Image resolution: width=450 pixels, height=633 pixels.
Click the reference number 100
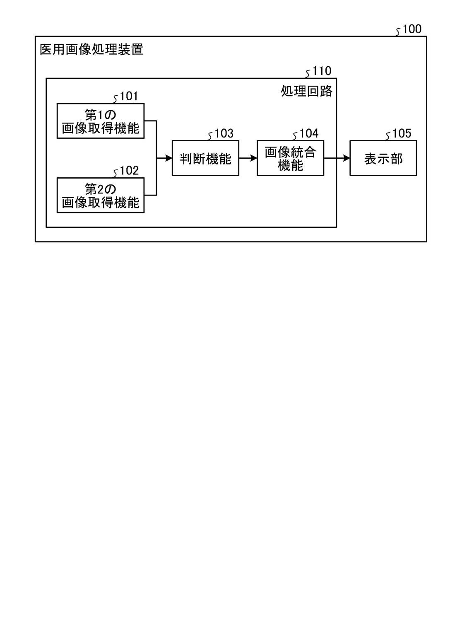(x=411, y=29)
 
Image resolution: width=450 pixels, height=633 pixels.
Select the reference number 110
(x=322, y=71)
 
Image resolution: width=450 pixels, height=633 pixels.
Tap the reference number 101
(x=129, y=97)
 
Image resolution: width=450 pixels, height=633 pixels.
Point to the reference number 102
(x=129, y=171)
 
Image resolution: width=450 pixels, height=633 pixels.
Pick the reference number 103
(x=224, y=133)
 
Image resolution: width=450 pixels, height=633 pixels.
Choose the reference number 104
(x=309, y=133)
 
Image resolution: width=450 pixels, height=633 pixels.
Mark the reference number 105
(x=402, y=133)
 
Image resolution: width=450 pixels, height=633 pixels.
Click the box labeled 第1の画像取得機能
(x=101, y=121)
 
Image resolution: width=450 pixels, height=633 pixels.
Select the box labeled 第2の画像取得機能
(x=101, y=195)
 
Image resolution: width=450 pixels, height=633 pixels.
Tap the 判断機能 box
(x=205, y=158)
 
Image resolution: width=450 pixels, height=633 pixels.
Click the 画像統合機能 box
(x=290, y=158)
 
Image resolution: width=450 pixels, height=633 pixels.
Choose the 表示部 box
(x=383, y=158)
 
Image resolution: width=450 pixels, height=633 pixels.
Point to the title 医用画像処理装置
(x=91, y=50)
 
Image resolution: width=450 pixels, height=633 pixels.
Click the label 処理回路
(x=306, y=91)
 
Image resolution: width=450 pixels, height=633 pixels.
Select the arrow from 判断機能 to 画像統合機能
(x=248, y=158)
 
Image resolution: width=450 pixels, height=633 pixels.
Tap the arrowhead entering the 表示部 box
(x=347, y=158)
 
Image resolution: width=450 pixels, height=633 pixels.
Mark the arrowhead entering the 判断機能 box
(x=168, y=158)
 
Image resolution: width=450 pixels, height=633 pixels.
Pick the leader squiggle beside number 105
(x=388, y=136)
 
